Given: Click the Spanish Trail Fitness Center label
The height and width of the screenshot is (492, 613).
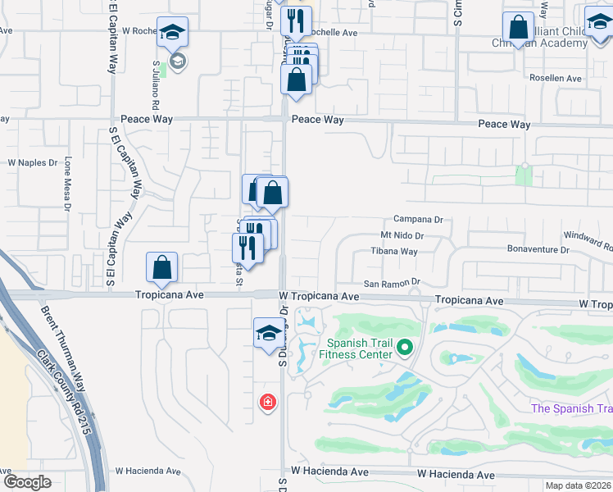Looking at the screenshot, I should tap(359, 348).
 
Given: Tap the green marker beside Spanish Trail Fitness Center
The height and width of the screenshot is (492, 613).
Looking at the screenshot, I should tap(403, 348).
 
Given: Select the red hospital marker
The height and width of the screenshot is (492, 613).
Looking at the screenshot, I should tap(267, 402).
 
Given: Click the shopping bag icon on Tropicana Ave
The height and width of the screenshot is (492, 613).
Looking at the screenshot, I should tap(162, 267).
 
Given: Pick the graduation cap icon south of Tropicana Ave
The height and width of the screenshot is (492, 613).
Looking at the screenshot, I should tap(268, 334).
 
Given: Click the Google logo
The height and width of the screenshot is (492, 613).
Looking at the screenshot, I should tap(27, 482).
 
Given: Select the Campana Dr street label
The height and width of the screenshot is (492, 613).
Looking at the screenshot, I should tap(418, 220).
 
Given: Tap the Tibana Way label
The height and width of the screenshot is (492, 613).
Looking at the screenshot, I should tap(394, 252).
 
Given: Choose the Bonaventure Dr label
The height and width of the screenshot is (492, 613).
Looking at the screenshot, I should tap(538, 249).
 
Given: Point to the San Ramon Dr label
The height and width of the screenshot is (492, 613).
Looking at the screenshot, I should tap(392, 283).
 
